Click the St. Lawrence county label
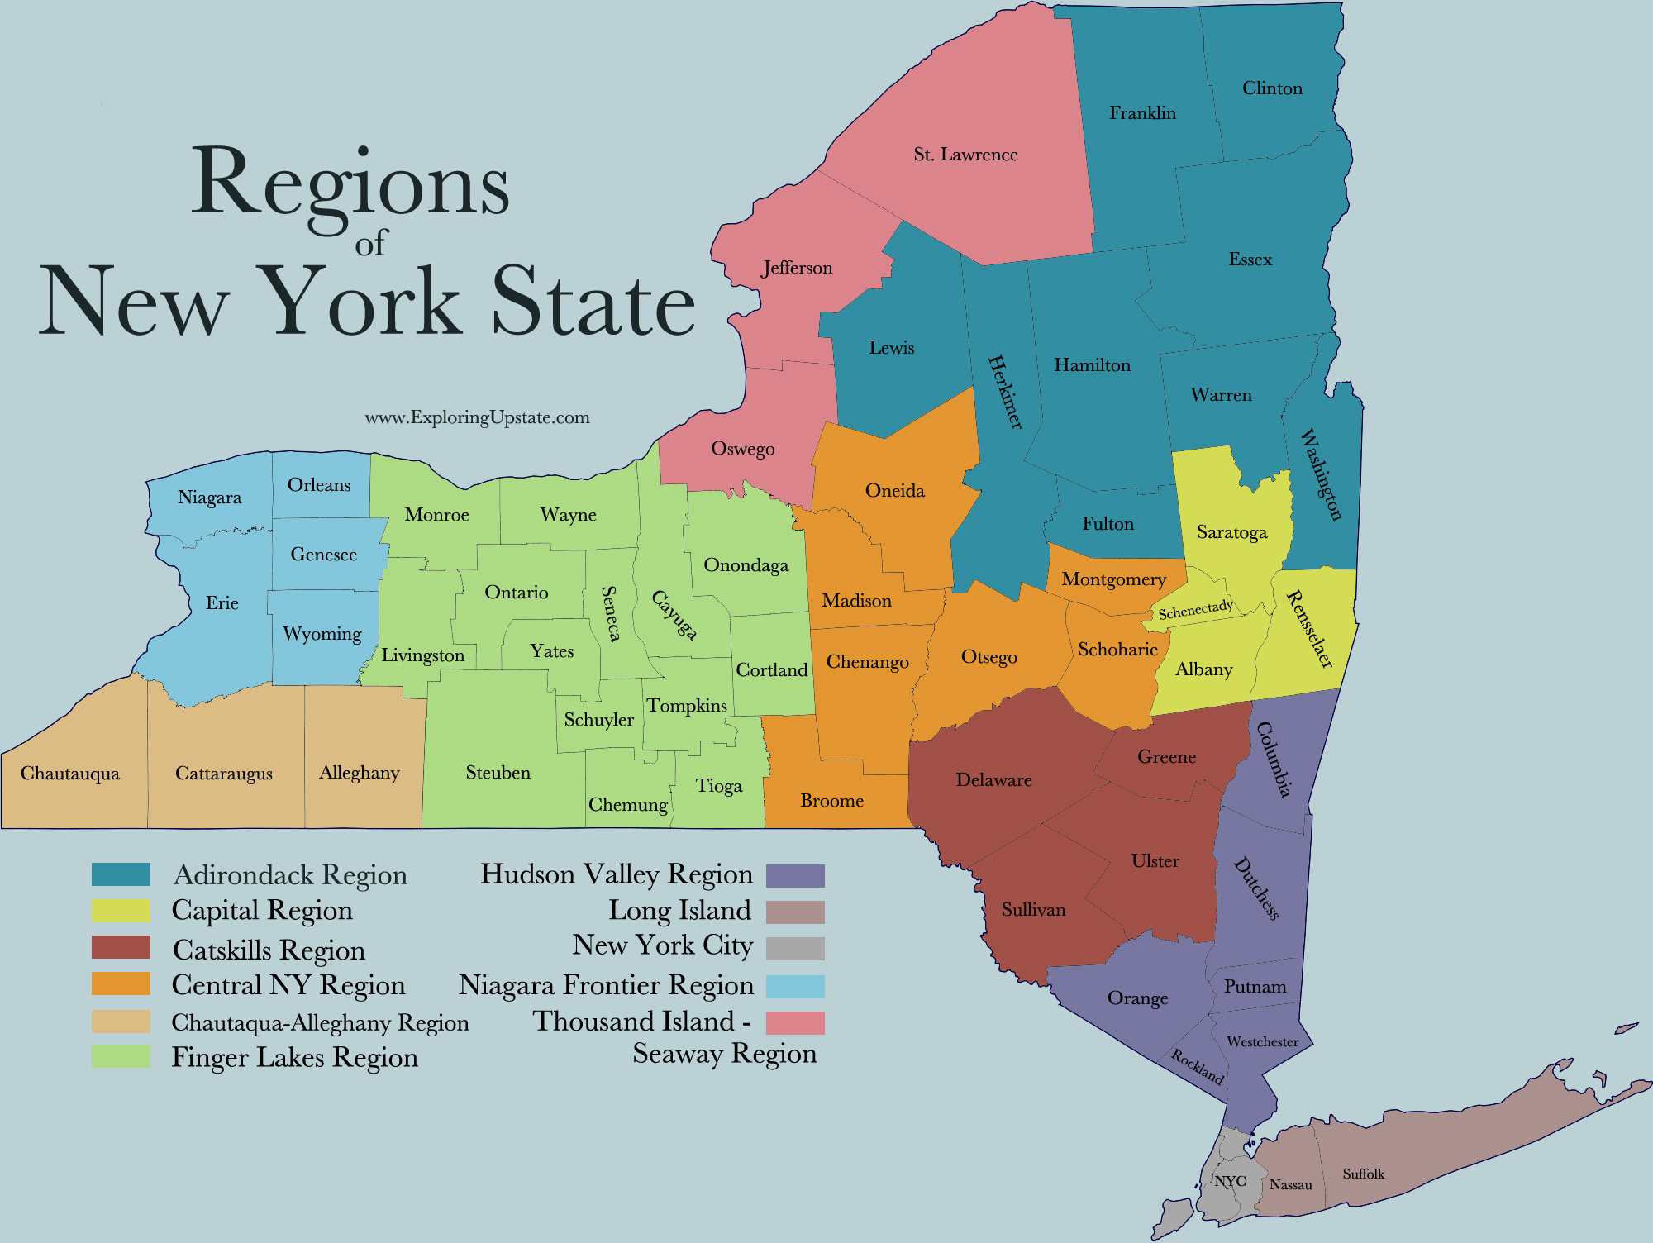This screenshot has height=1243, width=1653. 965,155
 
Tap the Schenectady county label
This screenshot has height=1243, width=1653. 1195,611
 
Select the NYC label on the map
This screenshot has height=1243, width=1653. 1230,1181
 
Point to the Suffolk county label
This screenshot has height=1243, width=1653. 1363,1174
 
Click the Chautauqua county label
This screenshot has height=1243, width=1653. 70,774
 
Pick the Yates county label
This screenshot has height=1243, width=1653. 551,651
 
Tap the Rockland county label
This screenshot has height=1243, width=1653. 1197,1066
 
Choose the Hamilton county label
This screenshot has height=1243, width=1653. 1092,365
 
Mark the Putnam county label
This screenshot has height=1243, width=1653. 1255,987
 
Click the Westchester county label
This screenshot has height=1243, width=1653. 1262,1042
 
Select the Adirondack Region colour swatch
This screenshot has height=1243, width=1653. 121,874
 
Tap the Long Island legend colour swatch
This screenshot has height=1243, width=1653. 795,912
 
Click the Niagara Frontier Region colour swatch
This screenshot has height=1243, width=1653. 795,986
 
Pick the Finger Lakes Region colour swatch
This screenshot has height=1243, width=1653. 121,1057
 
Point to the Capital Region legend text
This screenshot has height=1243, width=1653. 262,911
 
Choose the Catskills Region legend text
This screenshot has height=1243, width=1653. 269,950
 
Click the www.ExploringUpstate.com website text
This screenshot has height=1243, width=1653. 477,417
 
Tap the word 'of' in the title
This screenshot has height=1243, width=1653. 371,242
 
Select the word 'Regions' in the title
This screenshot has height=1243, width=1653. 350,183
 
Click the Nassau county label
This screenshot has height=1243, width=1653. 1290,1185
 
